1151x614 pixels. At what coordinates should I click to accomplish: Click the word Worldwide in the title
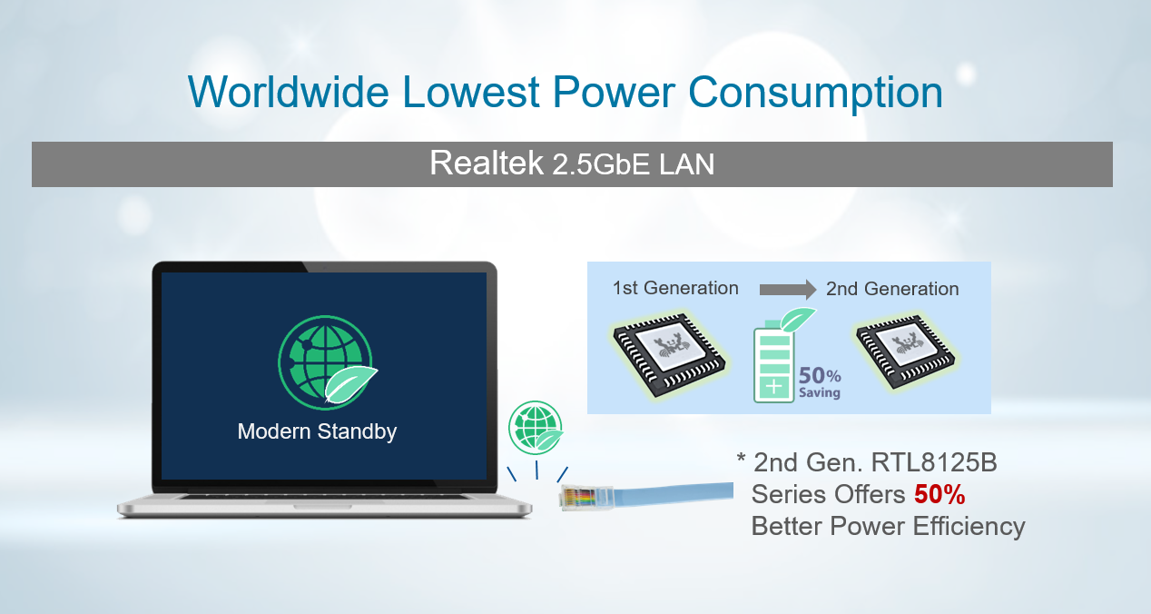[x=289, y=92]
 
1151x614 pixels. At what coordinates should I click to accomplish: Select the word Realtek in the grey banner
[x=487, y=163]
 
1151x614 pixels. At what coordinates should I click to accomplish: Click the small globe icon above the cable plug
[x=536, y=428]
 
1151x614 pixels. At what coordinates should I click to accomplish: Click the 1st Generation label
[x=675, y=288]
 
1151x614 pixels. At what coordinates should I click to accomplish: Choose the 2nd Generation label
[x=892, y=289]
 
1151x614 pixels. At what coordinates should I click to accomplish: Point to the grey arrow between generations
[x=788, y=290]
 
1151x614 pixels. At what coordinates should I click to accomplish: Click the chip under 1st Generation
[x=669, y=355]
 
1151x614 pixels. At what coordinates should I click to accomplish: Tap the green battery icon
[x=773, y=361]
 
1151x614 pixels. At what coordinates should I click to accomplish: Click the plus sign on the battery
[x=774, y=387]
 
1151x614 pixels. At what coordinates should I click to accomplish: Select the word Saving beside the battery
[x=820, y=393]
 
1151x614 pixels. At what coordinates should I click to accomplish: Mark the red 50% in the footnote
[x=939, y=495]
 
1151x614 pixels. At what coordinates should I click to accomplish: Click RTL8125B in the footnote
[x=934, y=462]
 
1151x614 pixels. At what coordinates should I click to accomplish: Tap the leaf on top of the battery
[x=797, y=320]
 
